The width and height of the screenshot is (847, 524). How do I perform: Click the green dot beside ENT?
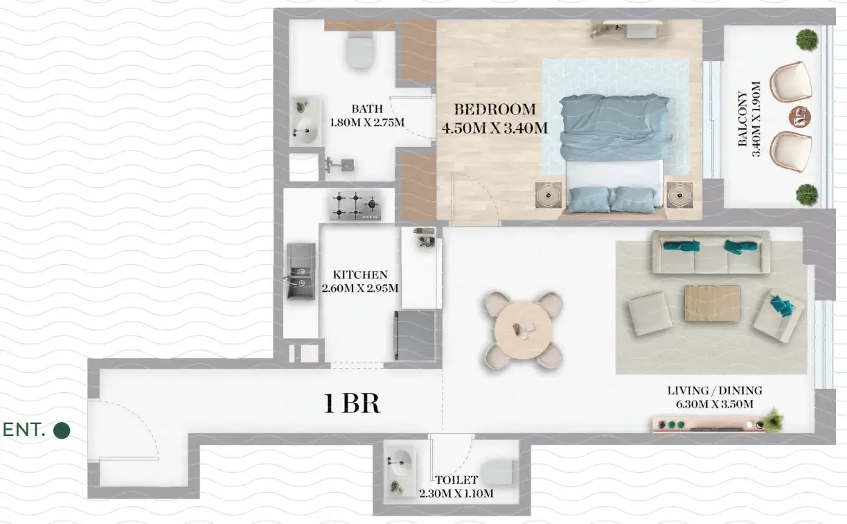click(x=62, y=430)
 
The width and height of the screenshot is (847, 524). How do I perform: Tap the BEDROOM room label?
click(x=494, y=110)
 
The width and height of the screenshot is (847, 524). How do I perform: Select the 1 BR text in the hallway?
click(x=352, y=403)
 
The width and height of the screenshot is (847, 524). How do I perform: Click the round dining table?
click(x=523, y=329)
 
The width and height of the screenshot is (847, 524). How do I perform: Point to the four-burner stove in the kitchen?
click(x=355, y=204)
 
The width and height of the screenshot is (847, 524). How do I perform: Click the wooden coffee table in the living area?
click(x=712, y=304)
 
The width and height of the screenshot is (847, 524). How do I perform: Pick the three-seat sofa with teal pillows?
click(x=709, y=252)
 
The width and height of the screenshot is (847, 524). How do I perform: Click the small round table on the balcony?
click(x=801, y=117)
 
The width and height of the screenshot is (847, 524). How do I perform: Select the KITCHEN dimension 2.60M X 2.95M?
click(x=360, y=288)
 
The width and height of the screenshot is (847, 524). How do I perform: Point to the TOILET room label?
click(x=456, y=480)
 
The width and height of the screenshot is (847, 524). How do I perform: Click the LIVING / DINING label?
click(x=715, y=391)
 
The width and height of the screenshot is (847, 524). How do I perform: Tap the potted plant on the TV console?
click(x=774, y=419)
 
